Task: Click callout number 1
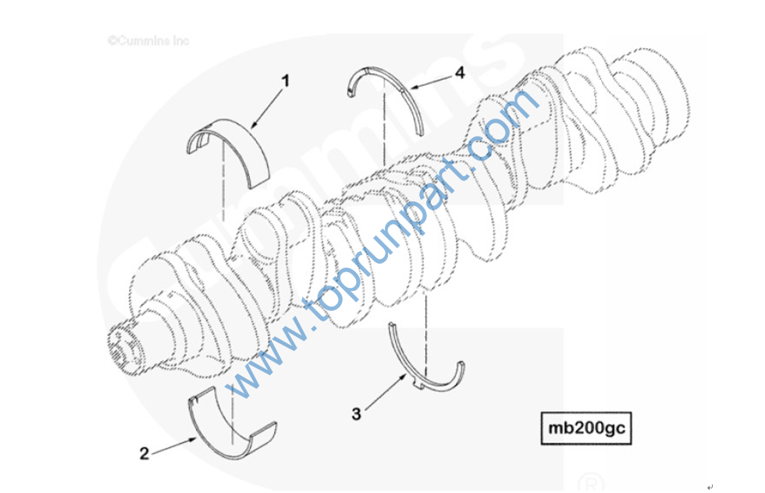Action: click(286, 80)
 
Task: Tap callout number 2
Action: click(144, 453)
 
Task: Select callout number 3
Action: click(357, 414)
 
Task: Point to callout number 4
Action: click(460, 73)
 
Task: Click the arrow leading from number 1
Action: click(266, 109)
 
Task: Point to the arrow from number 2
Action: click(174, 446)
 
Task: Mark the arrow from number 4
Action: click(431, 82)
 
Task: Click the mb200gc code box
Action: click(586, 428)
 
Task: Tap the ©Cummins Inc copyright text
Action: click(148, 41)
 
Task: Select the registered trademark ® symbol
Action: click(590, 484)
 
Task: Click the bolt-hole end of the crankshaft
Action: click(120, 344)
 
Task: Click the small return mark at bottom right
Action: click(710, 487)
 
